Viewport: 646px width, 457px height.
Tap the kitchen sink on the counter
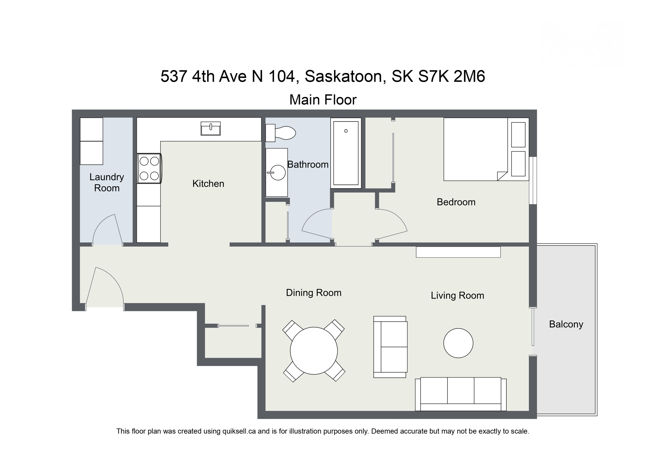(x=210, y=129)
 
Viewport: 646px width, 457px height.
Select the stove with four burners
(x=149, y=169)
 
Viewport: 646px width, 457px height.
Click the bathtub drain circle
(x=346, y=131)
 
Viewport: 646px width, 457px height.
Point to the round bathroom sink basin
(x=278, y=173)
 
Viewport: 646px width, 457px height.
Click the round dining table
(x=314, y=351)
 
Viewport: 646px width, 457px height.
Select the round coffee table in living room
(x=458, y=343)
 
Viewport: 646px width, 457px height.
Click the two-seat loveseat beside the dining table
(x=391, y=347)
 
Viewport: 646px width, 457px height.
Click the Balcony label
(x=566, y=324)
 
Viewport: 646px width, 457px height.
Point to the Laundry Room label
(x=107, y=182)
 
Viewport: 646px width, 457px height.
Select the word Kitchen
(x=208, y=184)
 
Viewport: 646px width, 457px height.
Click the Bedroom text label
(x=456, y=202)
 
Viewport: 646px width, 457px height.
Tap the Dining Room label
(x=314, y=293)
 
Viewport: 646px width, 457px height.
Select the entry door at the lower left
(x=106, y=286)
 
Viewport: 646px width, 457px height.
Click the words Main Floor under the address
(x=323, y=100)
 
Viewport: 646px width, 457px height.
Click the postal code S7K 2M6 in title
(x=451, y=76)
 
